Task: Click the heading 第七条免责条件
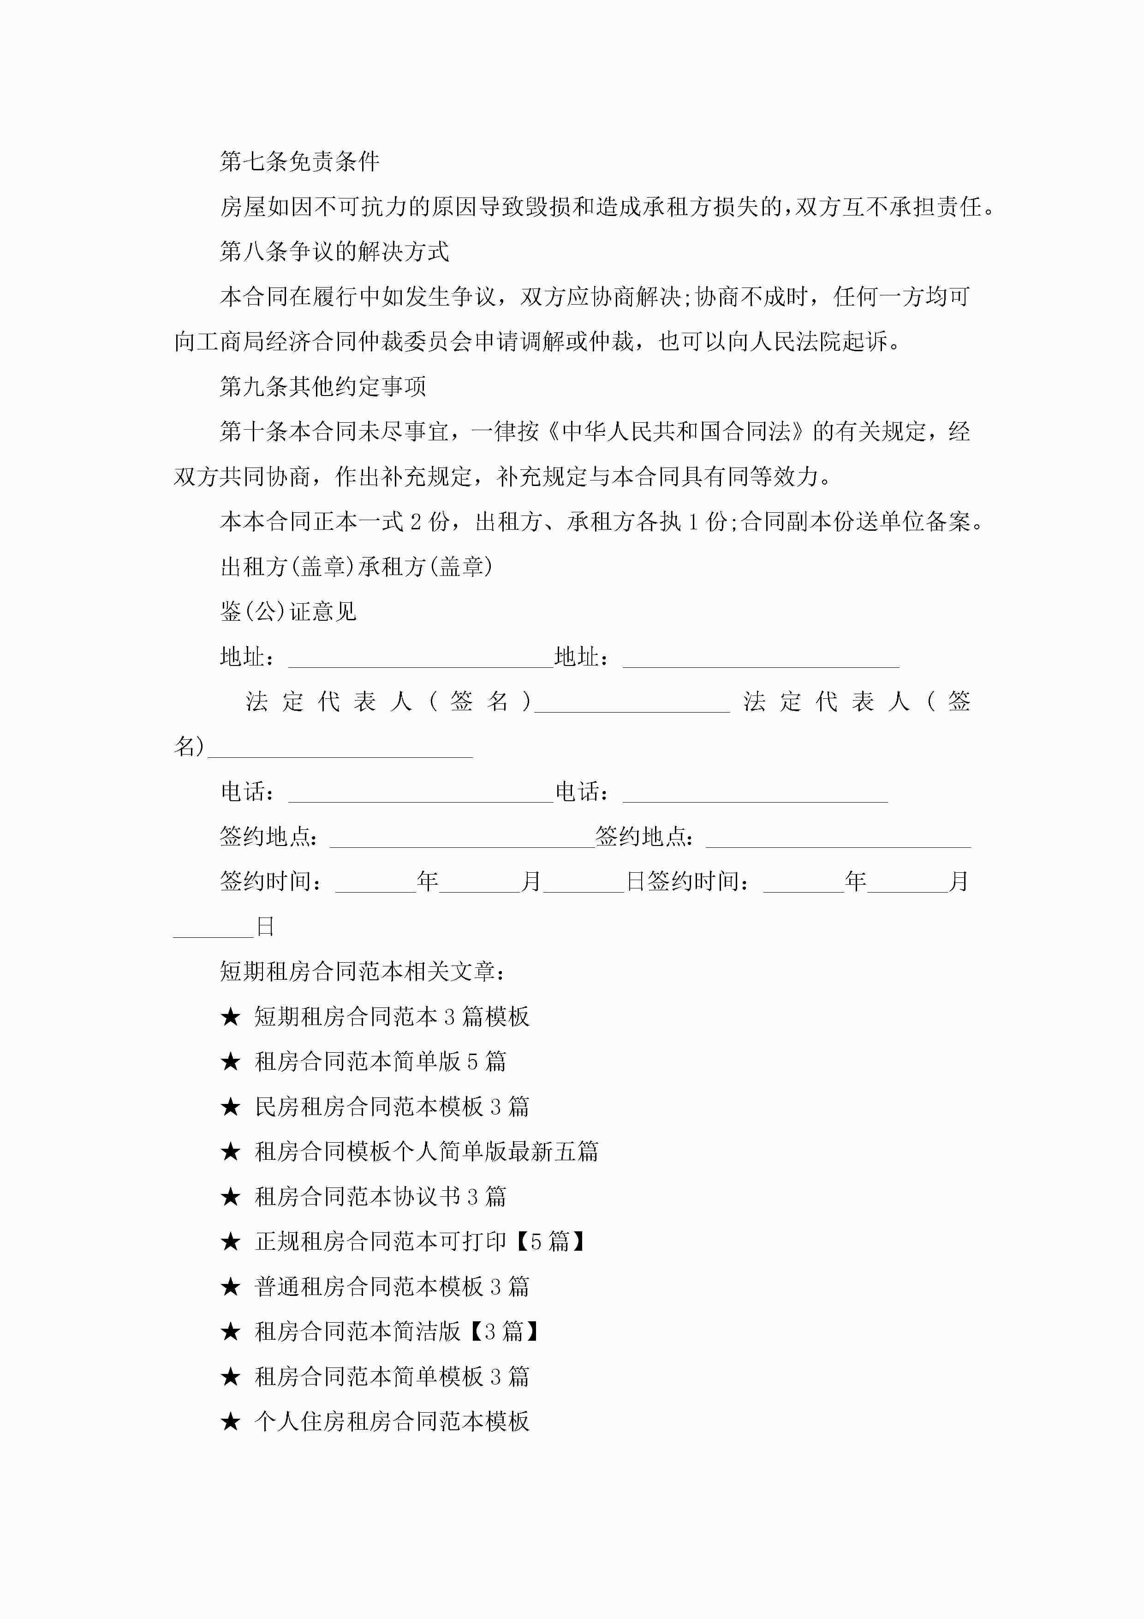(299, 162)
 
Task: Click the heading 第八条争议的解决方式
(334, 252)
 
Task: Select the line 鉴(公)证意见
(288, 612)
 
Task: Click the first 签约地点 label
(268, 837)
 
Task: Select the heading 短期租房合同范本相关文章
(362, 971)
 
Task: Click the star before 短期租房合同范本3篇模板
(231, 1017)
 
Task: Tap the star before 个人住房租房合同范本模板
(231, 1421)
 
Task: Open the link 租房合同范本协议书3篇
(380, 1197)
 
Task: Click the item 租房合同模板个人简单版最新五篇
(426, 1151)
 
